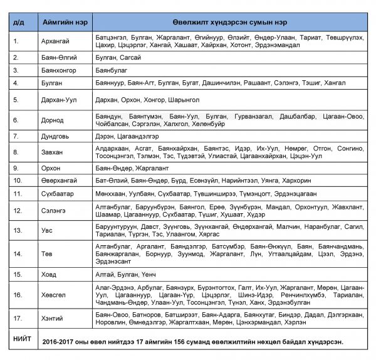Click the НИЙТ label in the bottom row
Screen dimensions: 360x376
(23, 339)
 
